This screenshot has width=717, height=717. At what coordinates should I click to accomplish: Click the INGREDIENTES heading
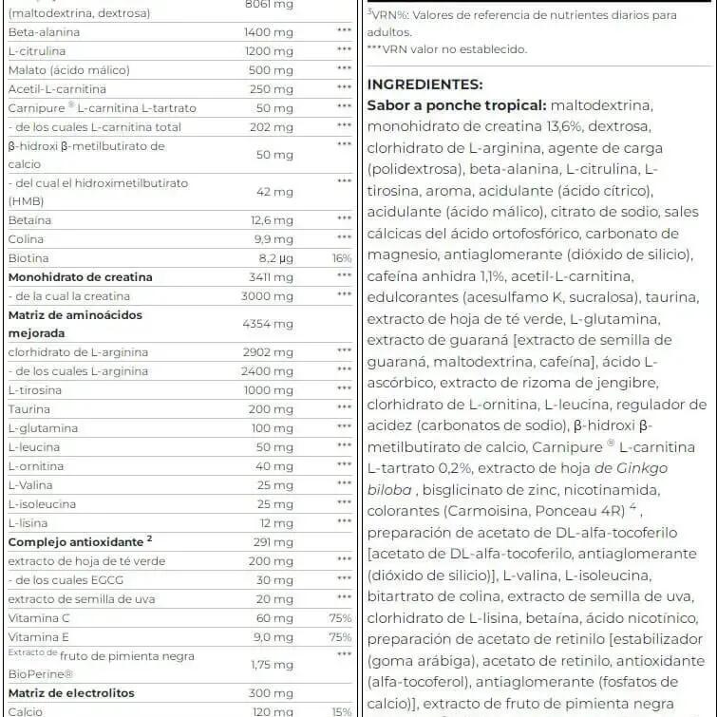(425, 85)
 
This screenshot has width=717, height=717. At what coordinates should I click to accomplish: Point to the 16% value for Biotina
(341, 258)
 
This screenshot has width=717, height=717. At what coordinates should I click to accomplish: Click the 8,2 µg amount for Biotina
(275, 258)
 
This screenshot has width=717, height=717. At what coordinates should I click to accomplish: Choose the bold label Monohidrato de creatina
(80, 277)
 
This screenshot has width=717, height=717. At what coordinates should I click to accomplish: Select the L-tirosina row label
(34, 390)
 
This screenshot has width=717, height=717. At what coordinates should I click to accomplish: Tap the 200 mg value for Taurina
(273, 409)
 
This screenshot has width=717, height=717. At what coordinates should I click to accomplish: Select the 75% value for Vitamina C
(340, 618)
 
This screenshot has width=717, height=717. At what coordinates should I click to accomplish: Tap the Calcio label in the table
(26, 711)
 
